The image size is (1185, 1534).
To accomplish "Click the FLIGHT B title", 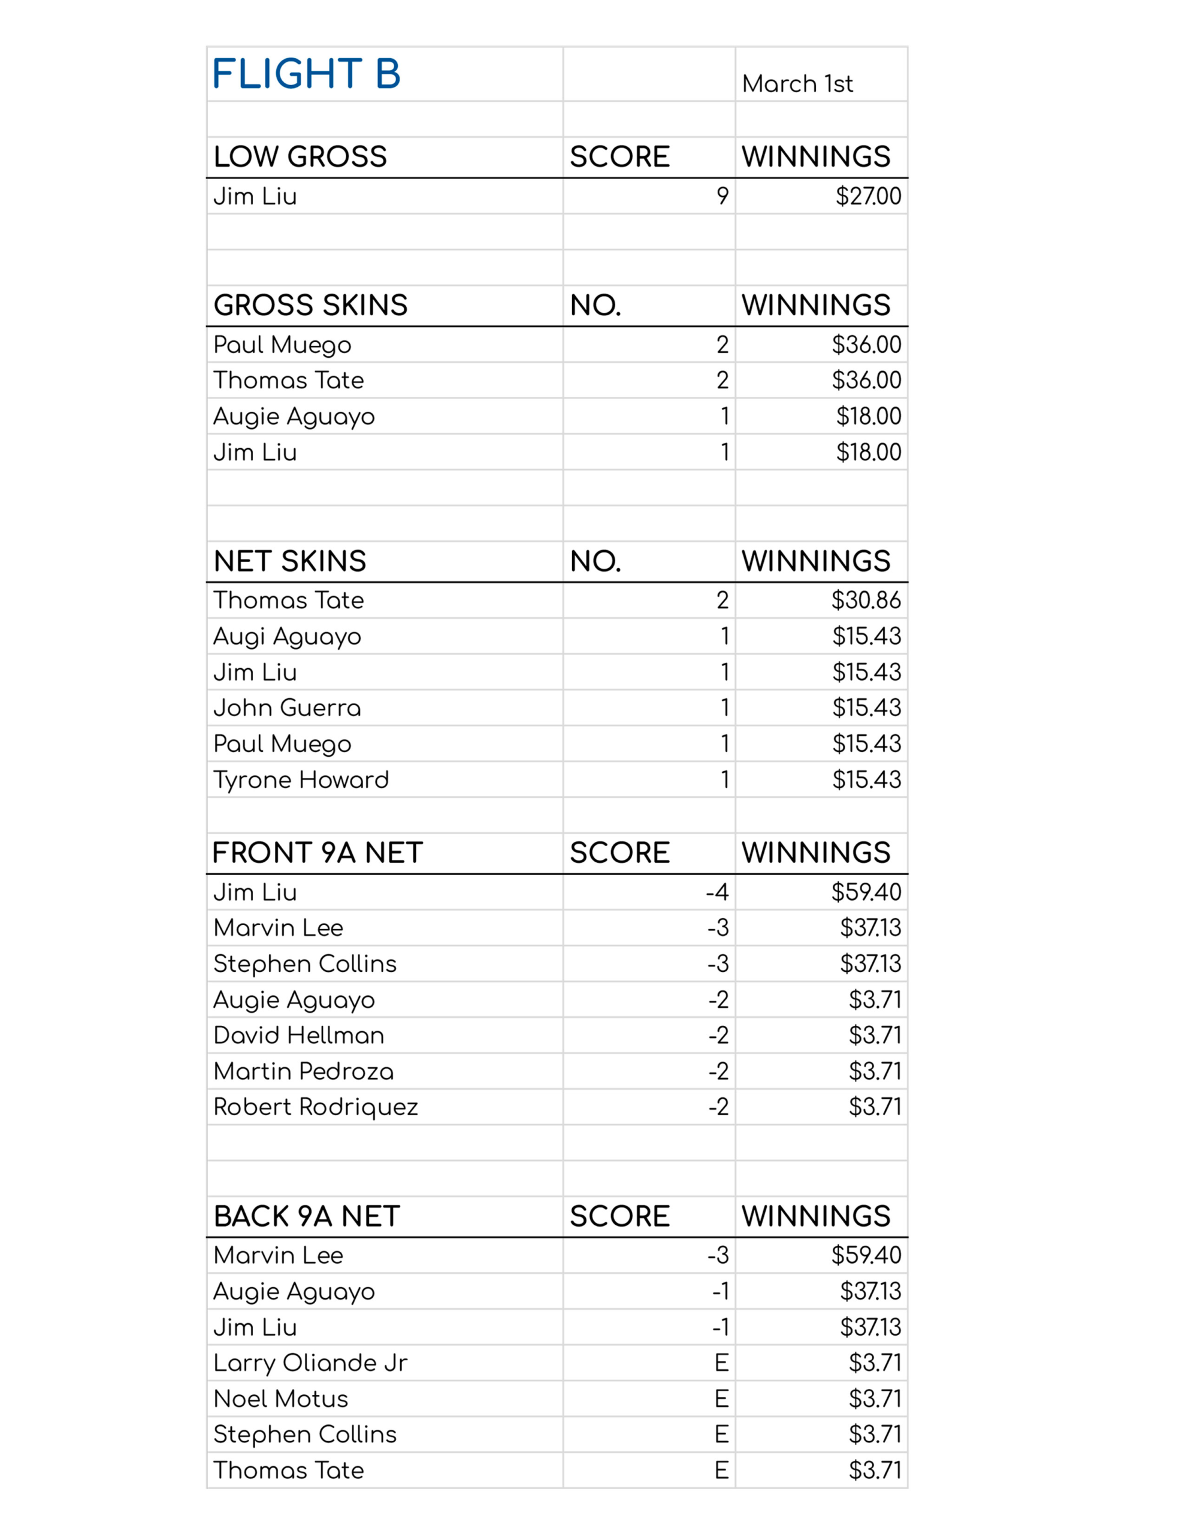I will (x=306, y=74).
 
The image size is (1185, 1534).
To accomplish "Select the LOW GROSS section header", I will (x=300, y=156).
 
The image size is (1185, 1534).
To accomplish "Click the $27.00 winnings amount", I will (x=867, y=196).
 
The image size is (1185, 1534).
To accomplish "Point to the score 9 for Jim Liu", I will (x=722, y=196).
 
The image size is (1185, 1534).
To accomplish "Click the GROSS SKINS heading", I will (x=310, y=306).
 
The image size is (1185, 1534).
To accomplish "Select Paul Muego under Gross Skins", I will (x=282, y=345).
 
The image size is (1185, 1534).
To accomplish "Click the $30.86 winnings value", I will (x=866, y=600).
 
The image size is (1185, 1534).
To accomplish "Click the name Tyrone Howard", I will (x=301, y=780).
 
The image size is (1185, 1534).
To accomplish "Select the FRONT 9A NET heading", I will (x=318, y=853).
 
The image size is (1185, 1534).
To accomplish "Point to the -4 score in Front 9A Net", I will (x=717, y=892).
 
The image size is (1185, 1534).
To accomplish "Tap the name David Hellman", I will (x=298, y=1035).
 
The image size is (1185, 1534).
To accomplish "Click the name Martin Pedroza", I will (x=304, y=1071).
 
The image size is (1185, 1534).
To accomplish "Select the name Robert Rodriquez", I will (x=315, y=1107).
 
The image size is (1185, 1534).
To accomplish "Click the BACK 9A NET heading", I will (x=307, y=1216).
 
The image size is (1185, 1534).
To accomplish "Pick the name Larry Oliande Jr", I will (x=310, y=1363).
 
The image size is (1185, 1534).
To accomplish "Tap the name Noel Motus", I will (x=281, y=1399).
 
